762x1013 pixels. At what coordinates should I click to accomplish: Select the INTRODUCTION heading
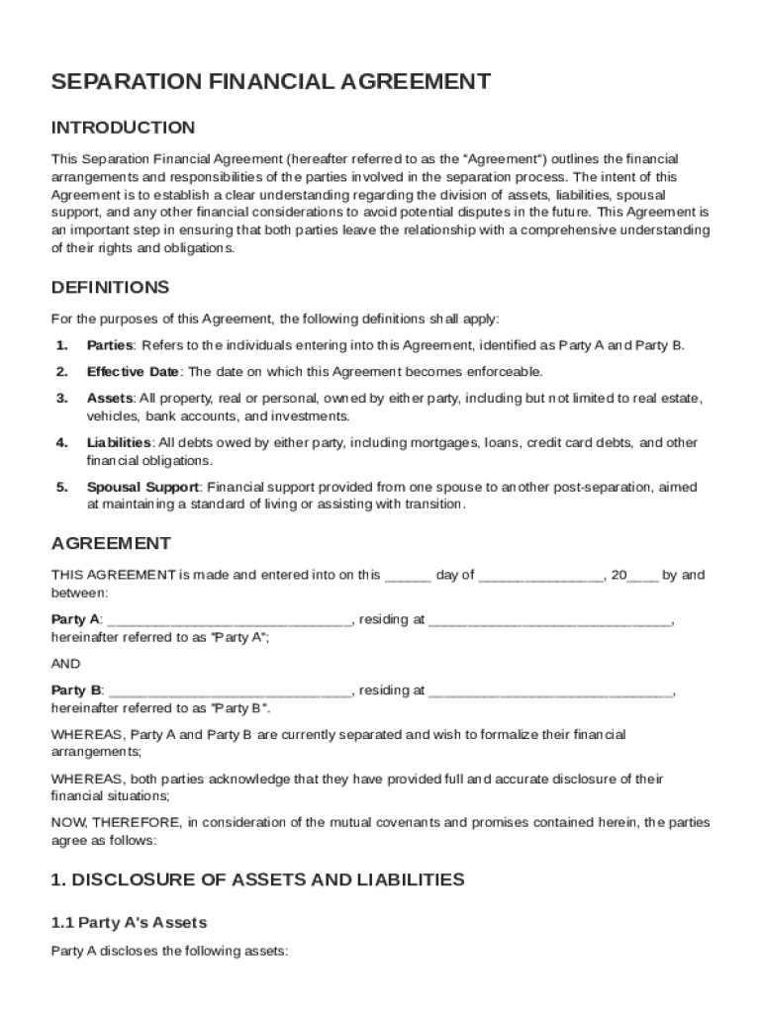tap(123, 128)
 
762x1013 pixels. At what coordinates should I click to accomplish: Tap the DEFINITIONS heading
tap(110, 288)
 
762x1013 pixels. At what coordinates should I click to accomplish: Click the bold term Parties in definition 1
tap(110, 345)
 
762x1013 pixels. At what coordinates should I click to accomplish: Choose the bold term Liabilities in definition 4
tap(119, 442)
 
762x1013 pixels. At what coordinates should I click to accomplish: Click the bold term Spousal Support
tap(143, 487)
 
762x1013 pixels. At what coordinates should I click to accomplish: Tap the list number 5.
tap(61, 487)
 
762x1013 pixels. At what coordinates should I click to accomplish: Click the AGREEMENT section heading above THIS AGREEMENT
tap(111, 543)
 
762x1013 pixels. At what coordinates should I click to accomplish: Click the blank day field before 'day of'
tap(408, 576)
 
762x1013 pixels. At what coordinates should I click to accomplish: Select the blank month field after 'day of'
tap(540, 576)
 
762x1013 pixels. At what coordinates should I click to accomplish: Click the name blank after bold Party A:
tap(229, 620)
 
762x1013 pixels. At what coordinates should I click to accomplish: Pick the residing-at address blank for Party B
tap(550, 691)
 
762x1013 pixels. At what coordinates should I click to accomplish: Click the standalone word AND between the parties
tap(66, 664)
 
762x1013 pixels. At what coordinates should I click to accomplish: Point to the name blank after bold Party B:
tap(229, 691)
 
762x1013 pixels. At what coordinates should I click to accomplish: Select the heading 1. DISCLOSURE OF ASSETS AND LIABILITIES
tap(257, 878)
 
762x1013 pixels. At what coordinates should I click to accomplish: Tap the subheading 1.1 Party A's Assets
tap(129, 923)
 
